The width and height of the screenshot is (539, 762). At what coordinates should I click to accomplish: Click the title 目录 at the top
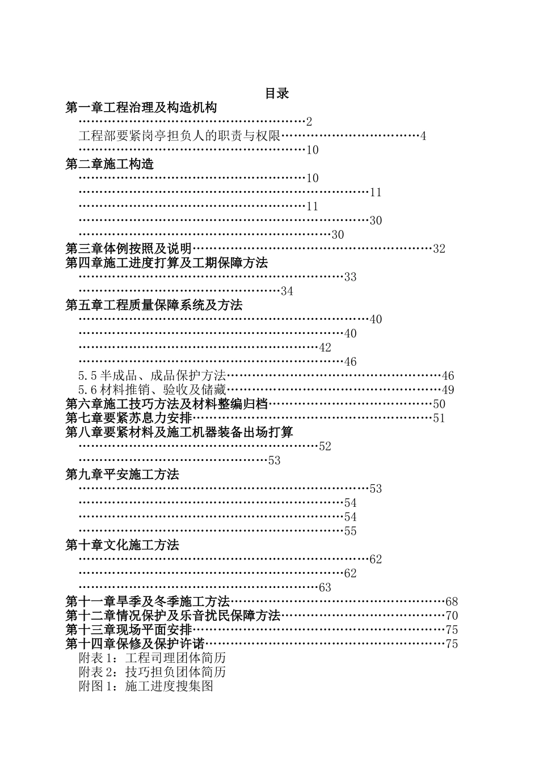(277, 94)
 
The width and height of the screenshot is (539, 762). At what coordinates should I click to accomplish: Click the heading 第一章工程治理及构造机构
(141, 107)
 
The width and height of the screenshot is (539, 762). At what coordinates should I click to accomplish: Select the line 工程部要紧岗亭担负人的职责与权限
(180, 136)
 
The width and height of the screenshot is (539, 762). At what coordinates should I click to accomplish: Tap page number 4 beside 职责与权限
(423, 136)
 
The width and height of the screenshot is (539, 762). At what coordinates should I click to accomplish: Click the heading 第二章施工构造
(110, 164)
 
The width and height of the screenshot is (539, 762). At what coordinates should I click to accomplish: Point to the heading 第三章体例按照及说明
(129, 248)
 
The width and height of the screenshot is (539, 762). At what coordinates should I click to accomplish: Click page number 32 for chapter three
(439, 248)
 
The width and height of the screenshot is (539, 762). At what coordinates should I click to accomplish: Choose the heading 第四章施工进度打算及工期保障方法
(167, 263)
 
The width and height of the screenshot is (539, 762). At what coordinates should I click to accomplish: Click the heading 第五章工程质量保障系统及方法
(154, 305)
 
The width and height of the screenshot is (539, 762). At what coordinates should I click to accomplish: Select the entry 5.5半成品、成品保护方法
(153, 375)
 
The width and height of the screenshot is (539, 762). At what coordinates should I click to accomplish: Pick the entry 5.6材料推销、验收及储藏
(153, 390)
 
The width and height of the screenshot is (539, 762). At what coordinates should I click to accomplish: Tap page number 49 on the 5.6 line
(448, 390)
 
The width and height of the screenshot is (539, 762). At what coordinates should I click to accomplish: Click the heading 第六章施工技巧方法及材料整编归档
(167, 404)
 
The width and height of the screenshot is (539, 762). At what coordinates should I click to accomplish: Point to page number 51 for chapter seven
(439, 418)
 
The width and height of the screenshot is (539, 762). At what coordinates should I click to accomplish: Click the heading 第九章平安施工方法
(123, 474)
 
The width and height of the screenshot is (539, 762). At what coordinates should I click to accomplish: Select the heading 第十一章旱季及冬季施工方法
(148, 601)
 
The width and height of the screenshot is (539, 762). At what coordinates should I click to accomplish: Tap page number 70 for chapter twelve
(452, 615)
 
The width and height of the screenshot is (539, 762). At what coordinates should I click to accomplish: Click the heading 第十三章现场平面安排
(129, 629)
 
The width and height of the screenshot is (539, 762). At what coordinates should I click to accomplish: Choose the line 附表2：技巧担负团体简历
(153, 672)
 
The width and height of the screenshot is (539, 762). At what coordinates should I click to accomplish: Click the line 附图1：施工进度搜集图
(146, 686)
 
